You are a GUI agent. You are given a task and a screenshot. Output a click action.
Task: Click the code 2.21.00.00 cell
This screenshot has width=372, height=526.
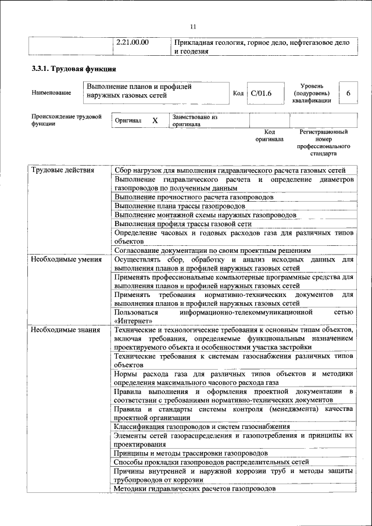pos(133,42)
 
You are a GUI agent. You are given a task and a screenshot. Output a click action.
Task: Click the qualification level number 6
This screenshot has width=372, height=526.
pos(348,93)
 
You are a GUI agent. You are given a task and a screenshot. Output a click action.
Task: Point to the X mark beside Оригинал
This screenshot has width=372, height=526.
pos(155,120)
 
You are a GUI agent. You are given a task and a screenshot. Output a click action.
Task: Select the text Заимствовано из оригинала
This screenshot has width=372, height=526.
pos(195,120)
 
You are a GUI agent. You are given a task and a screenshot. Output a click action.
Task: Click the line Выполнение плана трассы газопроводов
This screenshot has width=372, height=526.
pos(180,206)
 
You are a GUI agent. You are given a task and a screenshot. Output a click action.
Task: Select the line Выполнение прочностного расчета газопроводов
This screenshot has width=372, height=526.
pos(194,197)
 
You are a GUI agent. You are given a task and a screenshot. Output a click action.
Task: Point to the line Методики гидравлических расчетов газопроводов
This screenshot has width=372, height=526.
pos(195,489)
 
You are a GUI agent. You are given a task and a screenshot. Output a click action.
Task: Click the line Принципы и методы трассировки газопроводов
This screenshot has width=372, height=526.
pos(191,452)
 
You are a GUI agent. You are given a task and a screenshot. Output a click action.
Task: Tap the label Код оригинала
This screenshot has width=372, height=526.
pos(269,135)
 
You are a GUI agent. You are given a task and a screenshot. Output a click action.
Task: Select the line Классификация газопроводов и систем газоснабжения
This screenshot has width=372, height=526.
pos(202,427)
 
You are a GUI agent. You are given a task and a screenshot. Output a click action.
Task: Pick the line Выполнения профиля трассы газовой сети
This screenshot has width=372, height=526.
pos(183,223)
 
